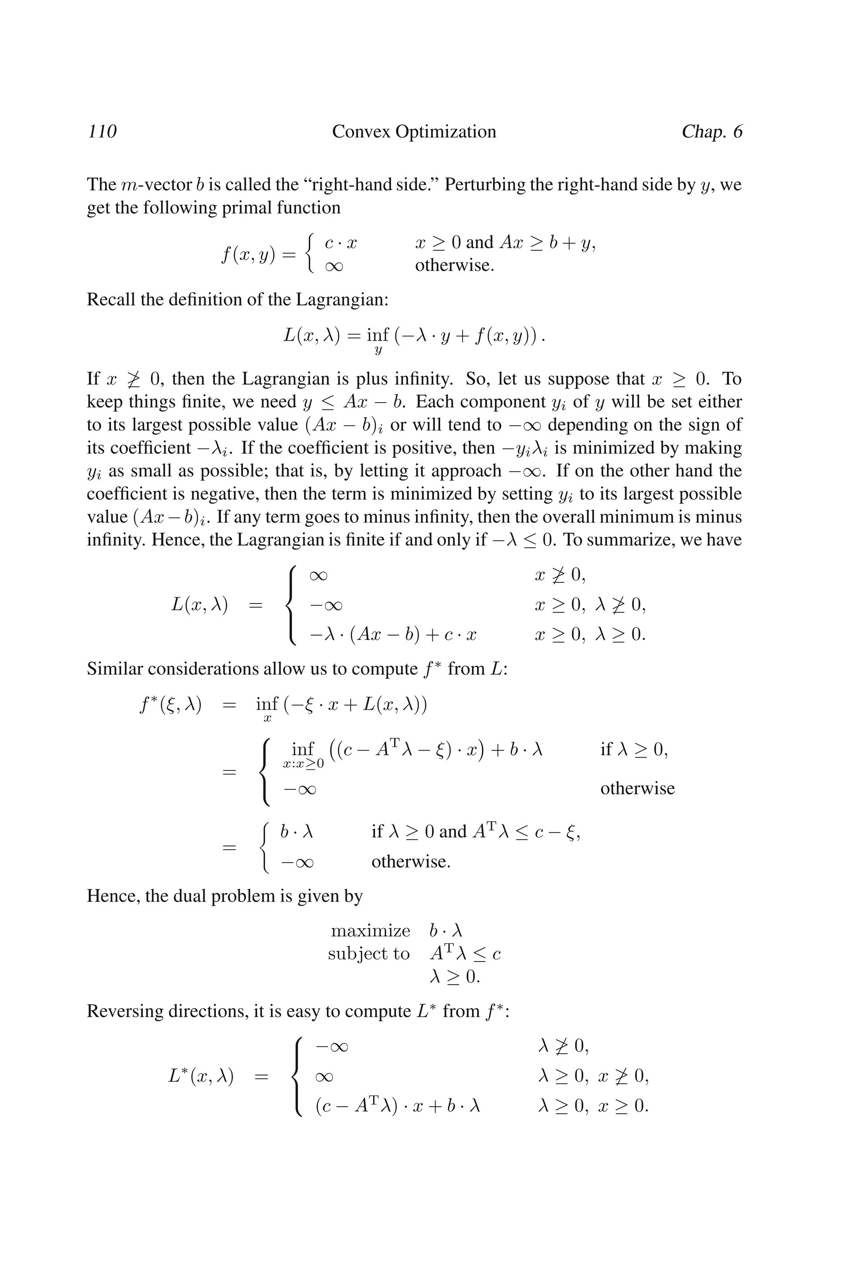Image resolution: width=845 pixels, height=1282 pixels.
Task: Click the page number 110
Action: [102, 132]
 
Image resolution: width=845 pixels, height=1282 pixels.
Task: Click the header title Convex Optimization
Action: [414, 132]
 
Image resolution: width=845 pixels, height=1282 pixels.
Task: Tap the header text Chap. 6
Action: [711, 132]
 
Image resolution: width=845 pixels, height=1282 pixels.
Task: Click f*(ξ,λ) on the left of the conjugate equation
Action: [170, 705]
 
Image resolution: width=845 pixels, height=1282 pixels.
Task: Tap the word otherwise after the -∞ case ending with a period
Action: [411, 862]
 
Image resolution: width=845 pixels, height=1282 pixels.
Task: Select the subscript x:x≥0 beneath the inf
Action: [303, 764]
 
